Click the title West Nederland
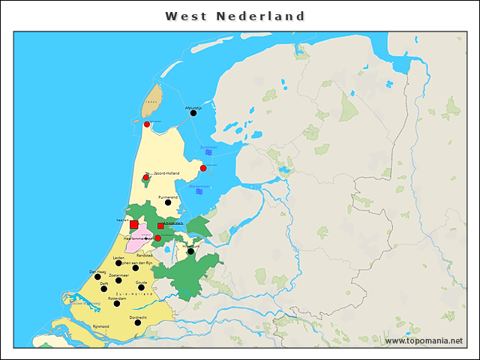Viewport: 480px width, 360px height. coord(235,16)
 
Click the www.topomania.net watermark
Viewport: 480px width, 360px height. coord(424,340)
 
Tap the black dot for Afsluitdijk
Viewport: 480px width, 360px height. coord(193,115)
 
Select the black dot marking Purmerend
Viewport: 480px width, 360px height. coord(168,202)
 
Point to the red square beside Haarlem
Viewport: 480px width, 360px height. coord(133,224)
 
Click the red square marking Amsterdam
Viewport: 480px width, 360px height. coord(160,225)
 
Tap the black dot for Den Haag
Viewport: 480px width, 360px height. coord(97,277)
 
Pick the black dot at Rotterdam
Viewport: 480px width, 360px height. coord(116,304)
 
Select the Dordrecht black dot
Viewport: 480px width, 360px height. coord(138,322)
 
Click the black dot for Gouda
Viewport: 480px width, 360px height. coord(141,287)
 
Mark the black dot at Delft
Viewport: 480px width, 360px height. coord(104,288)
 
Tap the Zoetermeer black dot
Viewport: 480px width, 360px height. coord(118,280)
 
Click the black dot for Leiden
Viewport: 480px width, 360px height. coord(118,262)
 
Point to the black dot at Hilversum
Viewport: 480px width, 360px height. coord(191,251)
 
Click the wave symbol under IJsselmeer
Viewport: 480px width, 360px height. coord(208,152)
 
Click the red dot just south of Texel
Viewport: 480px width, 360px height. coord(147,124)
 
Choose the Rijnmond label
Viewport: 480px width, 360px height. coord(100,326)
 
